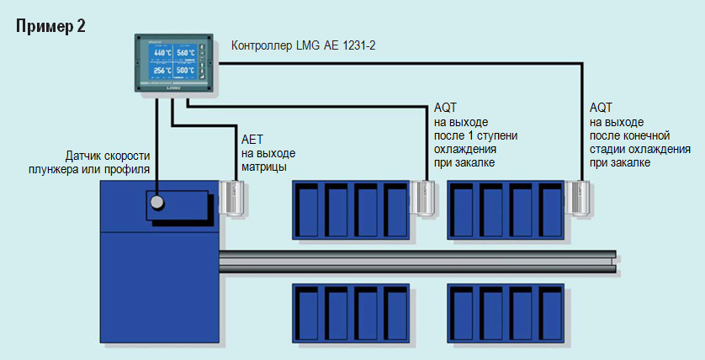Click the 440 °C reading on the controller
tap(162, 53)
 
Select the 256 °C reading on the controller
tap(162, 71)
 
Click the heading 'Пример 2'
tap(50, 25)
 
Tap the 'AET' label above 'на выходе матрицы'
tap(252, 140)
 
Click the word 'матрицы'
tap(264, 167)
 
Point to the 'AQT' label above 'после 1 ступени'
tap(446, 108)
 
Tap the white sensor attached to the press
tap(231, 197)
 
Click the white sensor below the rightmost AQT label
tap(580, 196)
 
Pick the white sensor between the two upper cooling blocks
tap(425, 197)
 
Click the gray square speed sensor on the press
tap(156, 202)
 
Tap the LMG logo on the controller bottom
tap(173, 87)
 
